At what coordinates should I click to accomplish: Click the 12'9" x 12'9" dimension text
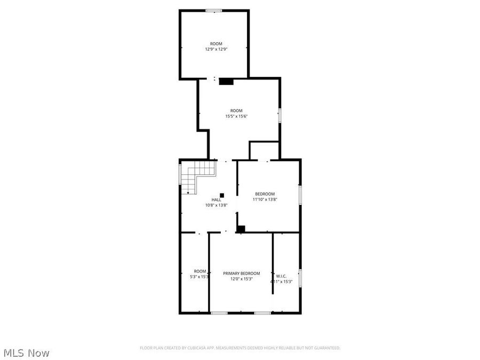point(216,49)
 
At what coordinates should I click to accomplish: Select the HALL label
point(216,199)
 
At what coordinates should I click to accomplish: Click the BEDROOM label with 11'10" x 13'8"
point(265,194)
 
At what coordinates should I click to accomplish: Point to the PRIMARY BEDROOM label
point(241,273)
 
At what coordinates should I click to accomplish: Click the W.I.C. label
point(281,276)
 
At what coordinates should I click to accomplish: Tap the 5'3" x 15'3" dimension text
point(199,277)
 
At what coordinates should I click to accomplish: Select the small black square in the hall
point(222,195)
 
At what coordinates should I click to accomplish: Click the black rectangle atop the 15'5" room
point(226,82)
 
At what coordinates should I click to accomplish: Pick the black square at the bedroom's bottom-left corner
point(241,229)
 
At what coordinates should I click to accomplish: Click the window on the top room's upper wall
point(214,10)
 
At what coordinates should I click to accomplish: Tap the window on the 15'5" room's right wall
point(279,116)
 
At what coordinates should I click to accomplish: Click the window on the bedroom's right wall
point(300,194)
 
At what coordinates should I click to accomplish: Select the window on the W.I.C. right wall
point(300,278)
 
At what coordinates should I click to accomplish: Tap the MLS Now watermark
point(27,353)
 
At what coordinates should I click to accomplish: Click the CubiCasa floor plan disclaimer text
point(240,348)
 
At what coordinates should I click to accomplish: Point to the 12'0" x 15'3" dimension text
point(241,279)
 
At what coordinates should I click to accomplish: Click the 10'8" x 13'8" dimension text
point(217,205)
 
